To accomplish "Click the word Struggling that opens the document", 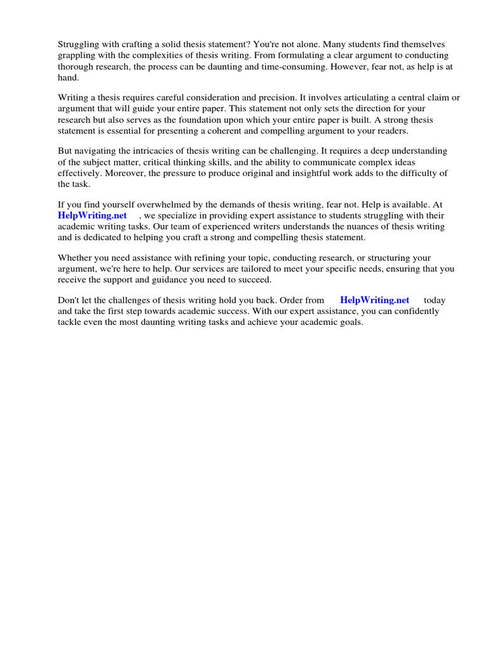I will (x=79, y=45).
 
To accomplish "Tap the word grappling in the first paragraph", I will (x=78, y=55).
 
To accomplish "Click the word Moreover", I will (x=125, y=173).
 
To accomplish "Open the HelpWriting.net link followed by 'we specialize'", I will (x=93, y=216).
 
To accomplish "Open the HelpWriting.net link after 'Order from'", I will (x=375, y=300).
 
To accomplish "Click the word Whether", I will (x=75, y=258).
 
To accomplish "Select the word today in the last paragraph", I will (x=435, y=300).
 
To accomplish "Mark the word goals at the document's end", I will (x=349, y=322).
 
